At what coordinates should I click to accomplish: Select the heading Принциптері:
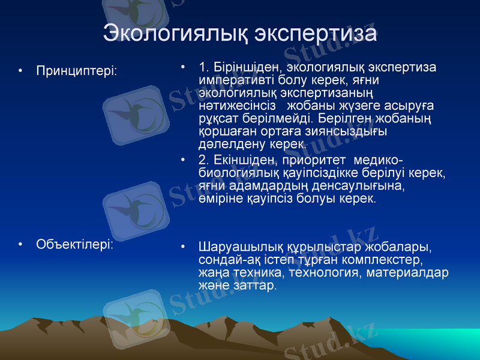77,71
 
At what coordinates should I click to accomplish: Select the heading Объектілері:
75,244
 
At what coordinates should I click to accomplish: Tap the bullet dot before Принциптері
22,71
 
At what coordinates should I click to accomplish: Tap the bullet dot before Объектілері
22,245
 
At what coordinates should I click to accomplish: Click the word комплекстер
385,260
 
